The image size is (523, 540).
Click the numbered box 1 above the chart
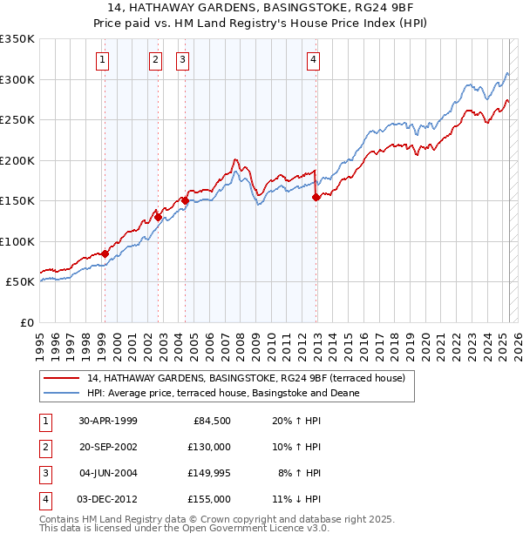click(103, 60)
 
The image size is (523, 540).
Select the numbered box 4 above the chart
click(312, 60)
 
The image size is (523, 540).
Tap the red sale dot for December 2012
click(316, 198)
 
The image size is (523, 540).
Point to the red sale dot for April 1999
click(105, 254)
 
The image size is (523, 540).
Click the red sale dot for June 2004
click(185, 200)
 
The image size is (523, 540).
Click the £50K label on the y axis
click(19, 282)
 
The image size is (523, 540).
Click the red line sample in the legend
click(61, 379)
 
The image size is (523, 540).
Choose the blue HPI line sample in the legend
click(61, 393)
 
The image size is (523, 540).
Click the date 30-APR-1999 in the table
click(108, 421)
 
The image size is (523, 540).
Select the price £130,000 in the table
click(210, 447)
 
